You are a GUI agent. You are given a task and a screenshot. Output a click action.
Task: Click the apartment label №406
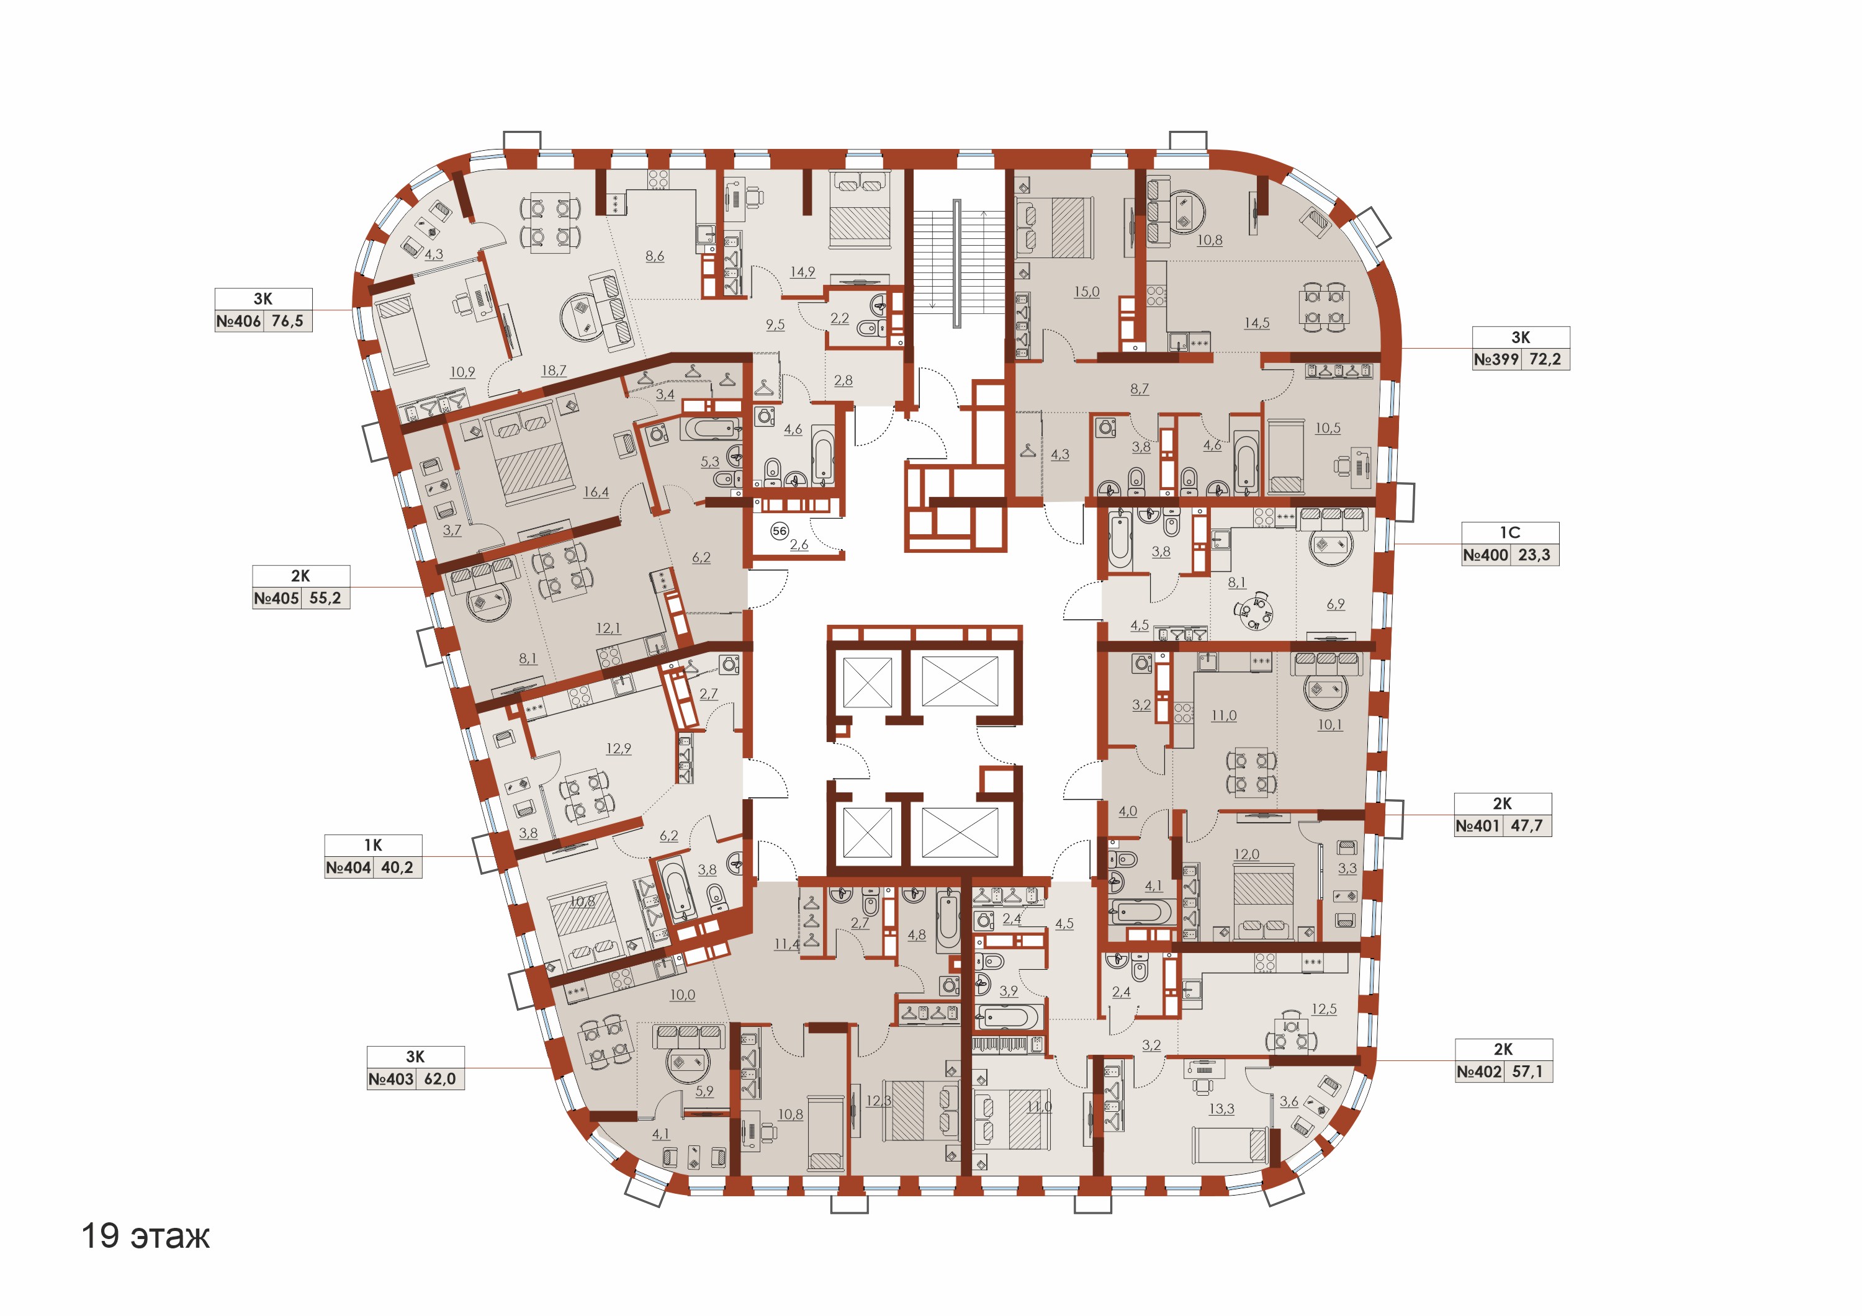pyautogui.click(x=238, y=321)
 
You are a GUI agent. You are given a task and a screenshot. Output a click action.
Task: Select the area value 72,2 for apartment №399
pyautogui.click(x=1545, y=359)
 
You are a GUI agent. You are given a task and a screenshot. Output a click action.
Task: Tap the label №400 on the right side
pyautogui.click(x=1486, y=555)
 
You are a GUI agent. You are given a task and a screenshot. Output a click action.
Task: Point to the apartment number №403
pyautogui.click(x=391, y=1079)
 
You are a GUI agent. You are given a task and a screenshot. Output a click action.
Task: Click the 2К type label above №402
pyautogui.click(x=1503, y=1049)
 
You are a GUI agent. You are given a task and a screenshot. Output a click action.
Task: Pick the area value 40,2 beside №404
pyautogui.click(x=397, y=867)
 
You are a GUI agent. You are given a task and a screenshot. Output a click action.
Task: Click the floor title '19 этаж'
pyautogui.click(x=145, y=1236)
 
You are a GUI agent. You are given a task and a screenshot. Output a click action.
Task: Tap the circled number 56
pyautogui.click(x=780, y=531)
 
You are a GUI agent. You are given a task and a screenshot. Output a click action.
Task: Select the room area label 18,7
pyautogui.click(x=554, y=370)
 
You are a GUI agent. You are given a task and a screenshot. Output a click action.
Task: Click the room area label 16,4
pyautogui.click(x=596, y=492)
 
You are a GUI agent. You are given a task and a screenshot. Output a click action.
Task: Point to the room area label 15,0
pyautogui.click(x=1087, y=292)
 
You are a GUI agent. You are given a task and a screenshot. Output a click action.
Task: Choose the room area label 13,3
pyautogui.click(x=1221, y=1109)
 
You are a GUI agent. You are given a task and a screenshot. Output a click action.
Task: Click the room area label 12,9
pyautogui.click(x=619, y=748)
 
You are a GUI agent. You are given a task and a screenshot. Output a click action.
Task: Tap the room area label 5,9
pyautogui.click(x=704, y=1091)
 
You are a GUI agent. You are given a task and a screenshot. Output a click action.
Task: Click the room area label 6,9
pyautogui.click(x=1336, y=604)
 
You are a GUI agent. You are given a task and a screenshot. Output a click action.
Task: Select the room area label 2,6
pyautogui.click(x=799, y=545)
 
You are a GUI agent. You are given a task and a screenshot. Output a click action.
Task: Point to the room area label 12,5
pyautogui.click(x=1325, y=1009)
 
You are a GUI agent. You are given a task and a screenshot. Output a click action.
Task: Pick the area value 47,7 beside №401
pyautogui.click(x=1526, y=826)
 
